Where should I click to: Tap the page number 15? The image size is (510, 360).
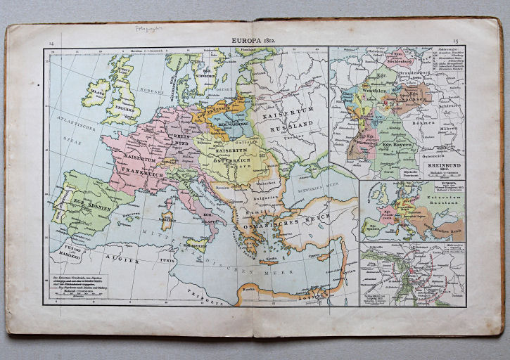[457, 43]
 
